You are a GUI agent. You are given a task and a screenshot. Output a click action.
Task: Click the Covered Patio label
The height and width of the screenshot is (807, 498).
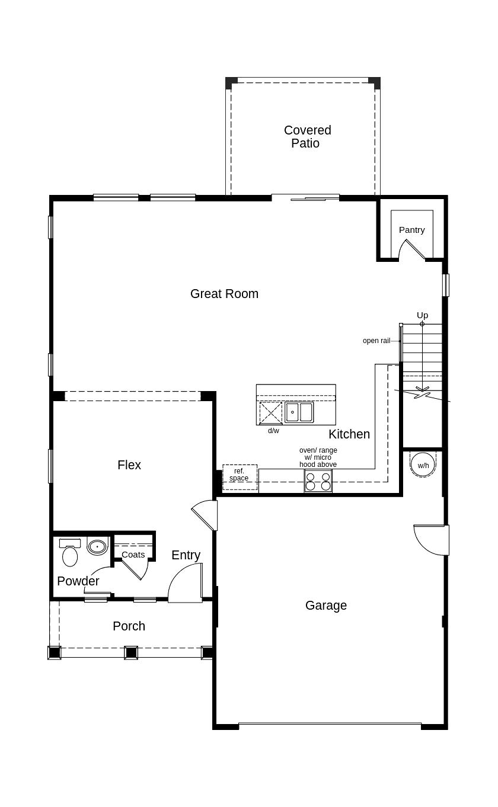point(307,137)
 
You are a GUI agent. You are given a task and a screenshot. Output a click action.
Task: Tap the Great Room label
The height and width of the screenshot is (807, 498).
point(224,294)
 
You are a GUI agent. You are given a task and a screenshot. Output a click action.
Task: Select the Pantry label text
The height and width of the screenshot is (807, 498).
point(411,230)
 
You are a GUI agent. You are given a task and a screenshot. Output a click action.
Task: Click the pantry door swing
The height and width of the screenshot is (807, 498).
point(413,249)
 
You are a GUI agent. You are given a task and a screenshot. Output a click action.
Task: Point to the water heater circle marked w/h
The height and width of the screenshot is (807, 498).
point(423,465)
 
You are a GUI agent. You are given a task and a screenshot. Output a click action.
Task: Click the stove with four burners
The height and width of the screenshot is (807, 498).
point(318,481)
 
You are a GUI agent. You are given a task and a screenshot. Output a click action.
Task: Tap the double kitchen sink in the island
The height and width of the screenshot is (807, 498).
point(299,412)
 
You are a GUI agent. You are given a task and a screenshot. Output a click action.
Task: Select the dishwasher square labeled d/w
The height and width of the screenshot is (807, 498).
point(271,413)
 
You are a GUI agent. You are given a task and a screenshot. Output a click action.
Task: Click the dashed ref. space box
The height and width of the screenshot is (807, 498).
point(240,476)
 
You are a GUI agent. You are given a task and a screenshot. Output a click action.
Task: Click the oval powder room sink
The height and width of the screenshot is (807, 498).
point(97,546)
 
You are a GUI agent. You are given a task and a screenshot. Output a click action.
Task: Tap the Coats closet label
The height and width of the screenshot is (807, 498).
point(133,555)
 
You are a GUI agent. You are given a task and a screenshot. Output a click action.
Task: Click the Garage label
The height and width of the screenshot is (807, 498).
point(325,606)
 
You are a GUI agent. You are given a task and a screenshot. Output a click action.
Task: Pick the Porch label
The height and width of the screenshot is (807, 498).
point(129,626)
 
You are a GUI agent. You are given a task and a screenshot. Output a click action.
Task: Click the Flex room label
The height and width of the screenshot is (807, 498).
point(129,465)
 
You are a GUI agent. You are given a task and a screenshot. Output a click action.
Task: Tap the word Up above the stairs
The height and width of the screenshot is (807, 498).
point(422,315)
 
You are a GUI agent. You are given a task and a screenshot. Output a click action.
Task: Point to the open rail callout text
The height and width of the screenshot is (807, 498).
point(376,341)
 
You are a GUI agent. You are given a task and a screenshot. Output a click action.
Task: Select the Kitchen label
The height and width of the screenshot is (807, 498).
point(349,434)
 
